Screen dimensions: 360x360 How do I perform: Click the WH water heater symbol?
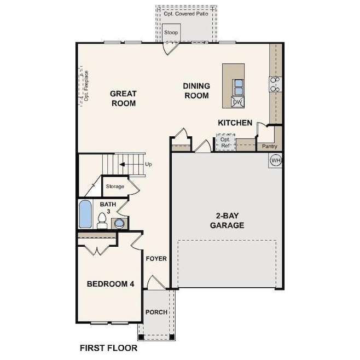[x=276, y=160]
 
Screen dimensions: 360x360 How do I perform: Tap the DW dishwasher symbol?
[x=237, y=102]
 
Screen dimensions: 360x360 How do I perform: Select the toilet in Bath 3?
[x=102, y=221]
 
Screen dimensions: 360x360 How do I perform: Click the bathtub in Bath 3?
[x=85, y=214]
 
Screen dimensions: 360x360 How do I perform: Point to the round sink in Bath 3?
[x=119, y=223]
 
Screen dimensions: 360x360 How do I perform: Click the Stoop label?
[x=171, y=32]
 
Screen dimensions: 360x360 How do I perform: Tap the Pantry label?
[x=270, y=146]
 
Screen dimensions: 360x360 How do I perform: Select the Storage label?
[x=115, y=187]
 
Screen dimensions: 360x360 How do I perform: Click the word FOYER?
[x=156, y=259]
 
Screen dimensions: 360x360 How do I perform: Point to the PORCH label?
[x=156, y=312]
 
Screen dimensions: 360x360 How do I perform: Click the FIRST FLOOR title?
[x=108, y=348]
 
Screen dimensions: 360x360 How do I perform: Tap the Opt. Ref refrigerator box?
[x=226, y=142]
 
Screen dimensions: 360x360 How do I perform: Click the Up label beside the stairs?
[x=148, y=164]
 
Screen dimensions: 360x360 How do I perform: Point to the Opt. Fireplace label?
[x=86, y=86]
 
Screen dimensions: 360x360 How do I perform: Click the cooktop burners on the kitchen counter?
[x=275, y=84]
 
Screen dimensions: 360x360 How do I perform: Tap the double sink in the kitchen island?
[x=239, y=87]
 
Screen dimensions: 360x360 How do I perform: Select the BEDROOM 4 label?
[x=111, y=284]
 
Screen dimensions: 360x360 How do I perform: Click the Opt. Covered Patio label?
[x=186, y=14]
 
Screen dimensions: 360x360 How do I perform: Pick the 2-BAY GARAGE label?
[x=227, y=220]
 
